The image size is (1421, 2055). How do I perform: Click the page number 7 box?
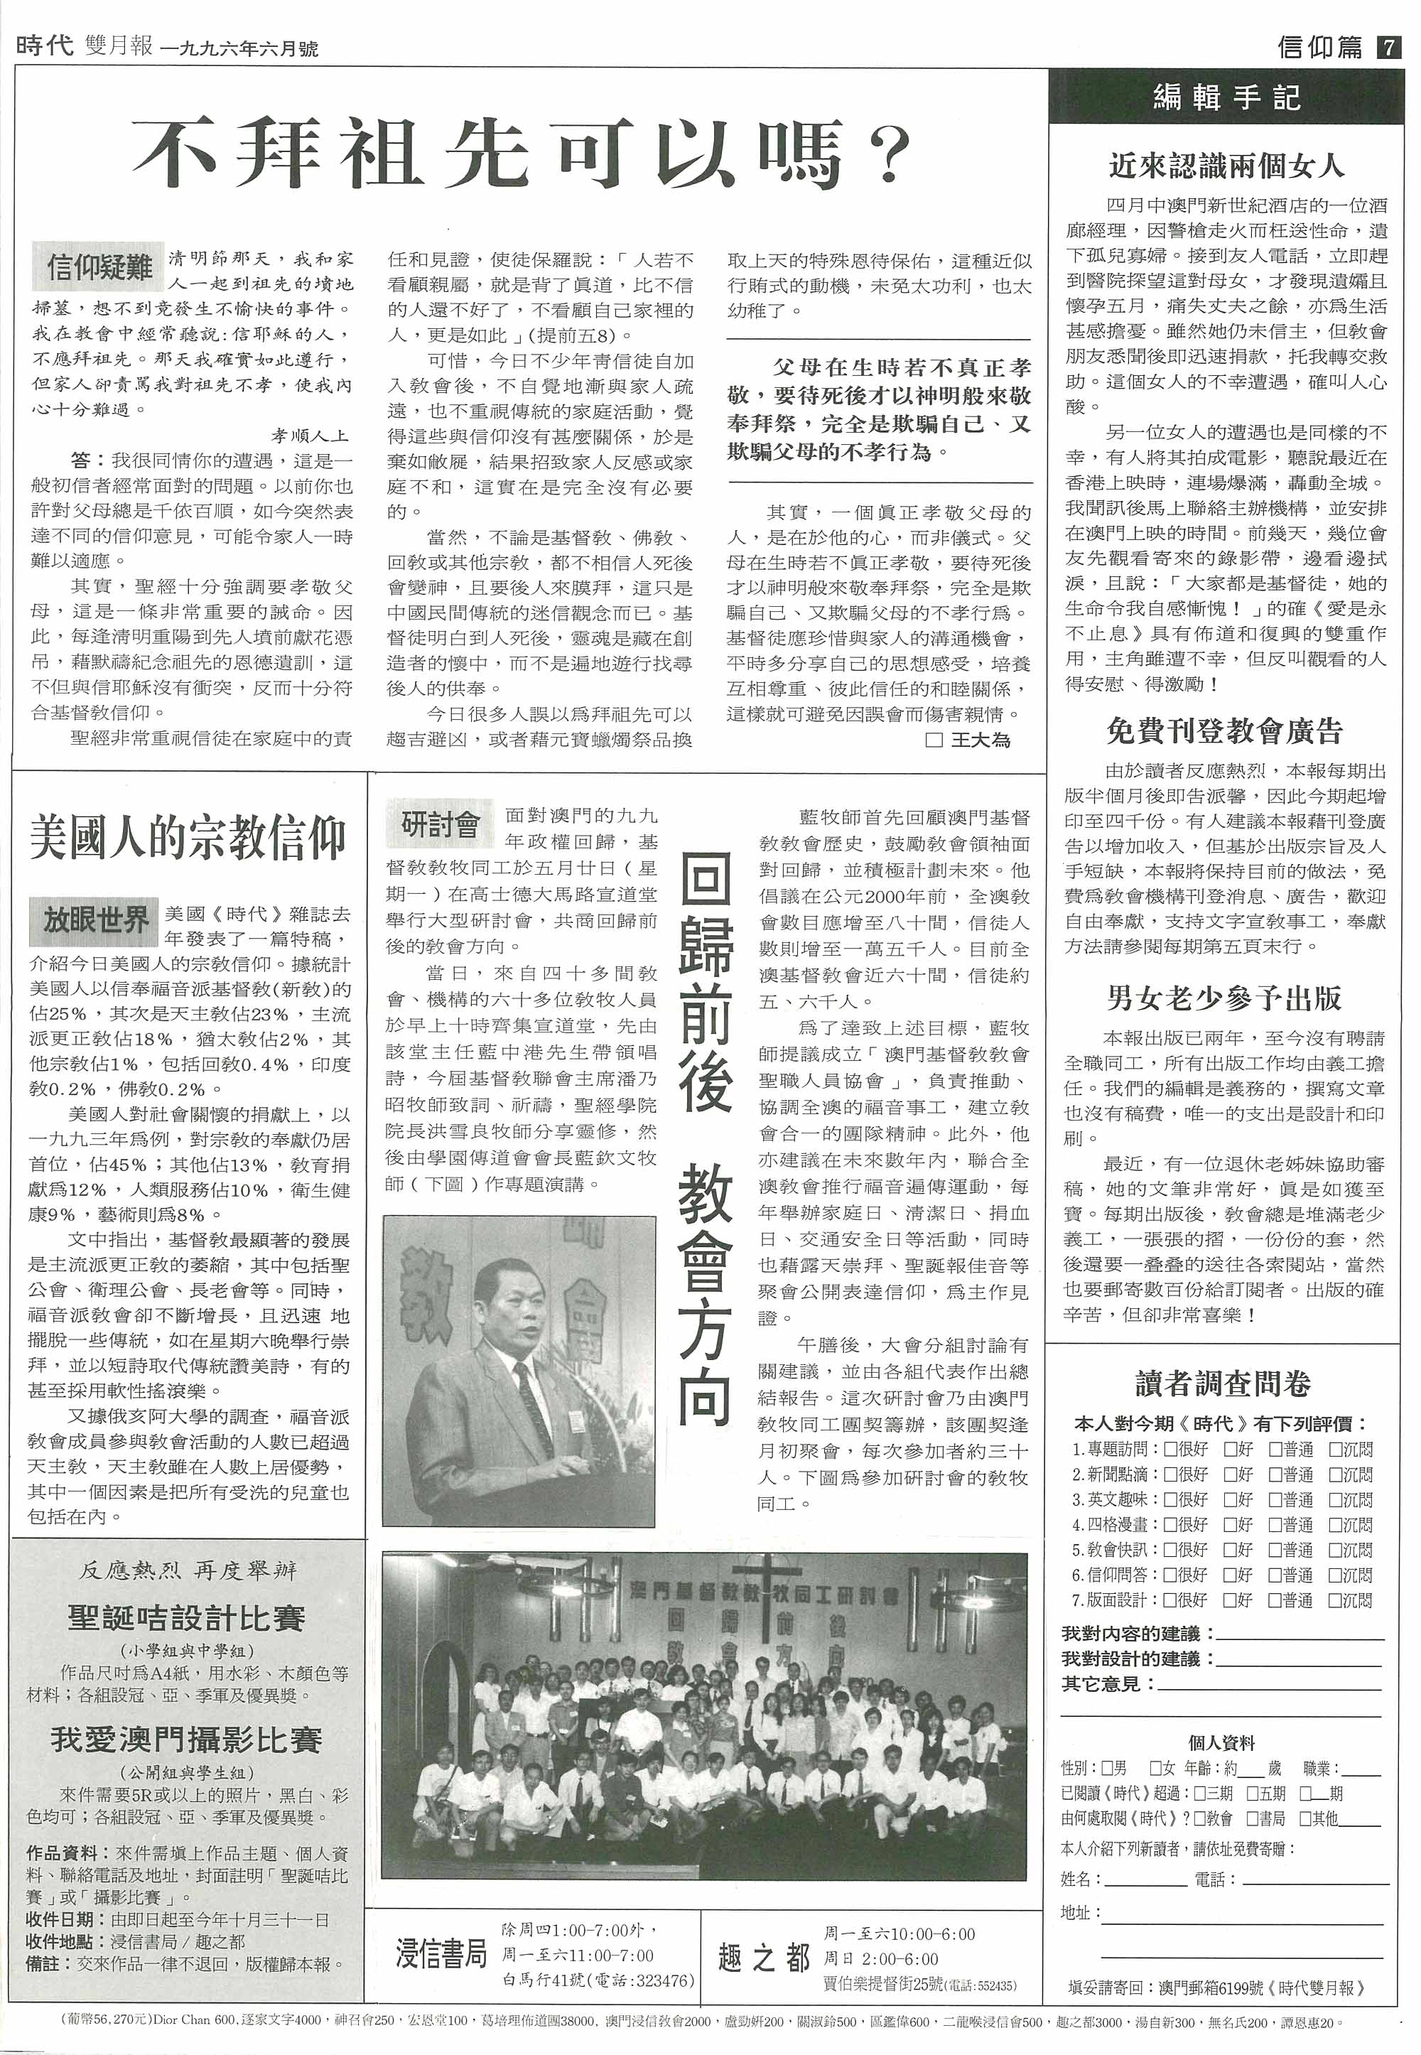click(1387, 46)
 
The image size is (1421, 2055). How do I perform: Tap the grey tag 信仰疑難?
click(99, 266)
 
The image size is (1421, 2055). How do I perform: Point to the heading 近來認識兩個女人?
click(1226, 166)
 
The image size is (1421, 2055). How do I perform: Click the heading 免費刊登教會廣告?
click(1224, 731)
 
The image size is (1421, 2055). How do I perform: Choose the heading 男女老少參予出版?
click(1224, 998)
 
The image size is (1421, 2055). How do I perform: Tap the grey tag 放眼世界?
click(95, 919)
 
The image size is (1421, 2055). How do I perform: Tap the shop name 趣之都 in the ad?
click(764, 1957)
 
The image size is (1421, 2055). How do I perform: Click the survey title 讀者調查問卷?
click(1223, 1384)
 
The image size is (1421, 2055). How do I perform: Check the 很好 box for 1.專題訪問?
click(1171, 1450)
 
